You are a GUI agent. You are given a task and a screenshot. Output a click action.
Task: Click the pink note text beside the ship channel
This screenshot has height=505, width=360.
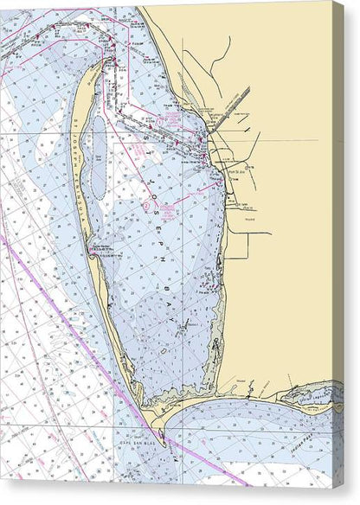tap(170, 117)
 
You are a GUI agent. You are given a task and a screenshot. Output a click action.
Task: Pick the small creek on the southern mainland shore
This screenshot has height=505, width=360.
tap(252, 388)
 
